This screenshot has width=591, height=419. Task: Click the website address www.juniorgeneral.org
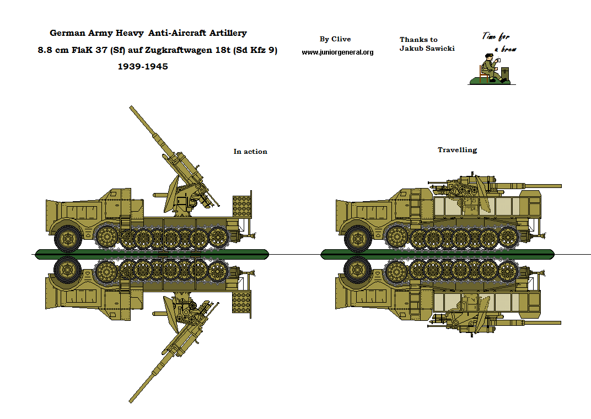click(337, 52)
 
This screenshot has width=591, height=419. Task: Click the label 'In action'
click(250, 152)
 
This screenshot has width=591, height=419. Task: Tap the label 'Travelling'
click(457, 150)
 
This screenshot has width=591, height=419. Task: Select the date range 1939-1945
click(143, 67)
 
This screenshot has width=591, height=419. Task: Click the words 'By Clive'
click(335, 39)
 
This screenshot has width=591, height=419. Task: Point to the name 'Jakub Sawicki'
click(427, 49)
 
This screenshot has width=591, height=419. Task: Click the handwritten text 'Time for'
click(496, 37)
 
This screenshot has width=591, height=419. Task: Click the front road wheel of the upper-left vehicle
click(68, 238)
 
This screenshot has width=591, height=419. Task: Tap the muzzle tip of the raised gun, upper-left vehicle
click(131, 108)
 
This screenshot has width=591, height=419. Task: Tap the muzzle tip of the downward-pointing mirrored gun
click(131, 400)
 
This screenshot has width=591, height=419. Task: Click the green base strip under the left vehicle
click(152, 254)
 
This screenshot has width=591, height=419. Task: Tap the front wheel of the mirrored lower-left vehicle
click(68, 270)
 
